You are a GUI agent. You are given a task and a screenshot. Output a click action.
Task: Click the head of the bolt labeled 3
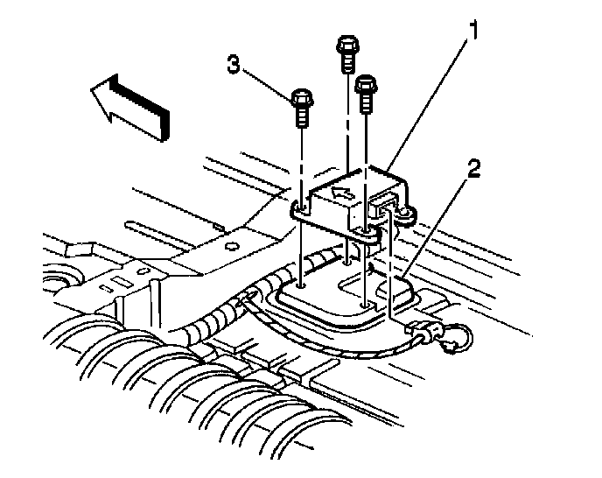[301, 97]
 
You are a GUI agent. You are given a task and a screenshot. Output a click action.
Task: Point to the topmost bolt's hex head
[346, 44]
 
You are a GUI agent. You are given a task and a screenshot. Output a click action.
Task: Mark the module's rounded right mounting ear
[406, 213]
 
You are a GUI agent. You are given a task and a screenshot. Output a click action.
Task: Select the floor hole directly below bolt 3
[301, 284]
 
